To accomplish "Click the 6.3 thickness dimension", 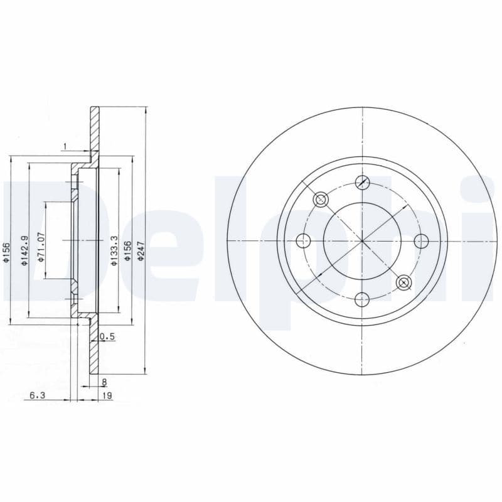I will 36,395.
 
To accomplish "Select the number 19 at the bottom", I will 107,395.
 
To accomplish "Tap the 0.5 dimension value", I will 108,337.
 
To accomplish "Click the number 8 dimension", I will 104,381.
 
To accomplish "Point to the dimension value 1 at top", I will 64,147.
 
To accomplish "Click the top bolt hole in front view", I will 362,182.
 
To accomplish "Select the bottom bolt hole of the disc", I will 362,299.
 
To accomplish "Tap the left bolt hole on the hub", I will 304,240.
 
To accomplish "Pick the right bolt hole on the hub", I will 420,240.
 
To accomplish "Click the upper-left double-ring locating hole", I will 321,200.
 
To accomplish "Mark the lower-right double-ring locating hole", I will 403,282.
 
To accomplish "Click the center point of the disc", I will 362,240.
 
